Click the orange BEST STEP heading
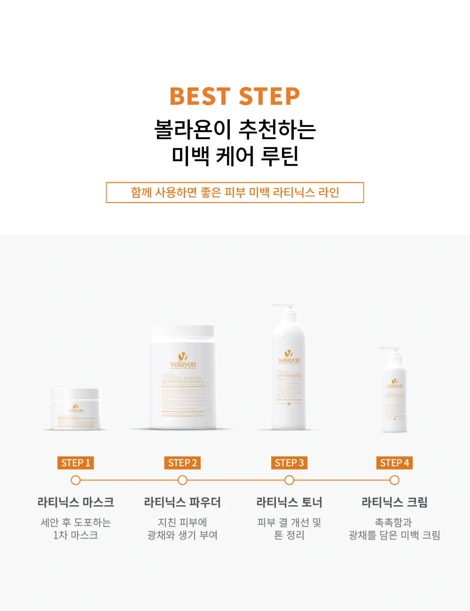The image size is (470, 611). (x=235, y=96)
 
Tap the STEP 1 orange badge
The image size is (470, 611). (x=76, y=463)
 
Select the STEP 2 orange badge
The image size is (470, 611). (x=182, y=463)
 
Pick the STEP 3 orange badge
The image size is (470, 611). (x=289, y=463)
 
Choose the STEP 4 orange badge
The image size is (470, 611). (x=394, y=463)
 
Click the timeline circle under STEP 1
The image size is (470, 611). (x=76, y=480)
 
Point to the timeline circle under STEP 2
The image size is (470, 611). (x=182, y=480)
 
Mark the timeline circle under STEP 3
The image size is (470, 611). (x=289, y=480)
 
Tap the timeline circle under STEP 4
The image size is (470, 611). (x=394, y=480)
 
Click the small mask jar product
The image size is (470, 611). (x=76, y=409)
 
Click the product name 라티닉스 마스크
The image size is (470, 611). (x=76, y=502)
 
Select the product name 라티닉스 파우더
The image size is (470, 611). (x=182, y=502)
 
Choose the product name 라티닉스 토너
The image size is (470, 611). (x=289, y=502)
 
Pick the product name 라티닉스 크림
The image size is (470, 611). (x=394, y=502)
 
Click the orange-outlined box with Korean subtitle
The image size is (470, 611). (x=235, y=192)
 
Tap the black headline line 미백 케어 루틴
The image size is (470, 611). (x=235, y=156)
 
